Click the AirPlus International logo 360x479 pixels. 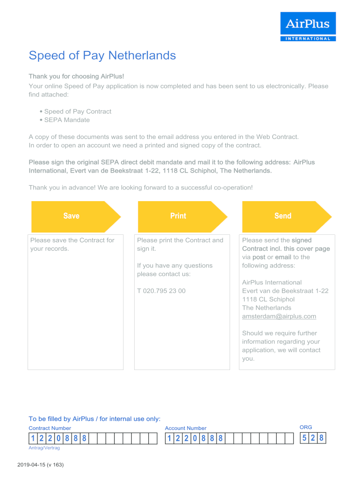pyautogui.click(x=308, y=27)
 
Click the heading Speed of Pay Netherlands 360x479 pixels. pyautogui.click(x=102, y=56)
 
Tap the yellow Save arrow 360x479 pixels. pyautogui.click(x=72, y=216)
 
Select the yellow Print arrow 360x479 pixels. pyautogui.click(x=178, y=216)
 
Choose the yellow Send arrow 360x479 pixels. pyautogui.click(x=283, y=216)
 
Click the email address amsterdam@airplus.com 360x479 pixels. pyautogui.click(x=279, y=316)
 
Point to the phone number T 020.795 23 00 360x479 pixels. pyautogui.click(x=161, y=291)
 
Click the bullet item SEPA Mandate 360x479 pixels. pyautogui.click(x=67, y=120)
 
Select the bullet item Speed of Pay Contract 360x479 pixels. pyautogui.click(x=78, y=112)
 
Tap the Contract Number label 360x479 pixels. pyautogui.click(x=50, y=428)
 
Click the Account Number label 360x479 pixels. pyautogui.click(x=186, y=428)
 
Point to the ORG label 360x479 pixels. pyautogui.click(x=306, y=427)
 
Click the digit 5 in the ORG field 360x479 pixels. pyautogui.click(x=304, y=438)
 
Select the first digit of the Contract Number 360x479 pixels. pyautogui.click(x=33, y=439)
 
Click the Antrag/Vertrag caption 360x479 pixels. pyautogui.click(x=44, y=448)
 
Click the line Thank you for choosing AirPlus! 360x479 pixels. pyautogui.click(x=76, y=76)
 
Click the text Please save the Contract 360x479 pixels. pyautogui.click(x=72, y=240)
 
